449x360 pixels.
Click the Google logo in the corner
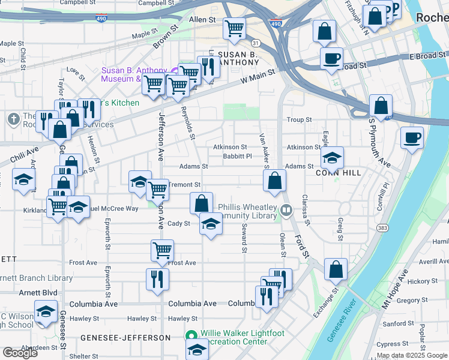(20, 353)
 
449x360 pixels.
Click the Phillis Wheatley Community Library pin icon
(286, 211)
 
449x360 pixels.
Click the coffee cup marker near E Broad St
(331, 59)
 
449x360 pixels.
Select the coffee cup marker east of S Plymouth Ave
(412, 137)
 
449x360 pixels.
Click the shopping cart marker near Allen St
(234, 28)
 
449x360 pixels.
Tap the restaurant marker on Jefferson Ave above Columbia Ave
(157, 278)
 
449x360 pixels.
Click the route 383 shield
(382, 229)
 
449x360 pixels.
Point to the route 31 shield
(256, 43)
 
